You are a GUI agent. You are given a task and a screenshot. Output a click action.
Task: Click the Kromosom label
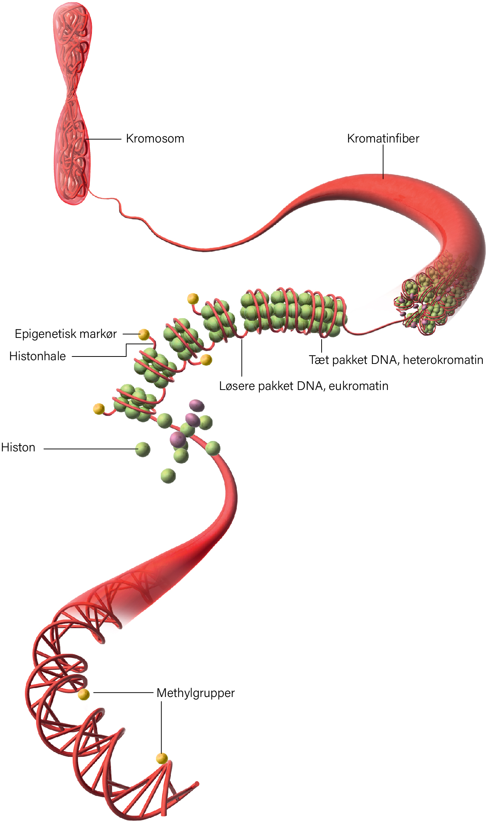click(x=155, y=138)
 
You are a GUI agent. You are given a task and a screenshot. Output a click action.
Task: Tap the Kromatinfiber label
click(x=383, y=138)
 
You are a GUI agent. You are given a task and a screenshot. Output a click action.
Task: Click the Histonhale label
click(x=38, y=356)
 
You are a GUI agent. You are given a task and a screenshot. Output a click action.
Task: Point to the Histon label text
click(x=18, y=447)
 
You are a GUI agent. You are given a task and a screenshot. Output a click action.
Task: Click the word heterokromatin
click(x=443, y=360)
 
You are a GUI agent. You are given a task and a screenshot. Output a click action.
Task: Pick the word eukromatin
click(x=358, y=386)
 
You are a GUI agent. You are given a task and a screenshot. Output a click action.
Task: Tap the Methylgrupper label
click(x=196, y=693)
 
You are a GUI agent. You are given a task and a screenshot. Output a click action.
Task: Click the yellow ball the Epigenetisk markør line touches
click(x=144, y=335)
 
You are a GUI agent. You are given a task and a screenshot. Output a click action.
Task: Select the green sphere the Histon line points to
click(x=143, y=449)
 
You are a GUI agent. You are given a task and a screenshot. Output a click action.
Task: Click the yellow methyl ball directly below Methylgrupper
click(x=162, y=758)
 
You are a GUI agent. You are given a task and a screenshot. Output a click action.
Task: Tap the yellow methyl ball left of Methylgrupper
click(x=84, y=694)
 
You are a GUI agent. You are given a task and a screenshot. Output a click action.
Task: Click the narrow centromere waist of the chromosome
click(x=73, y=91)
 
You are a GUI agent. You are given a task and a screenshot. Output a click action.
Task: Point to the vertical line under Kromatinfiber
click(x=383, y=162)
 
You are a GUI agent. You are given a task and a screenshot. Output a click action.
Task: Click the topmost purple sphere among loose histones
click(x=197, y=405)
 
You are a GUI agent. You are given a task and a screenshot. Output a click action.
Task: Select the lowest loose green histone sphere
click(x=168, y=476)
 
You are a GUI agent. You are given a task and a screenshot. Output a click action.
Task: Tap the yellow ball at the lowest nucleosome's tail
click(x=99, y=409)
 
